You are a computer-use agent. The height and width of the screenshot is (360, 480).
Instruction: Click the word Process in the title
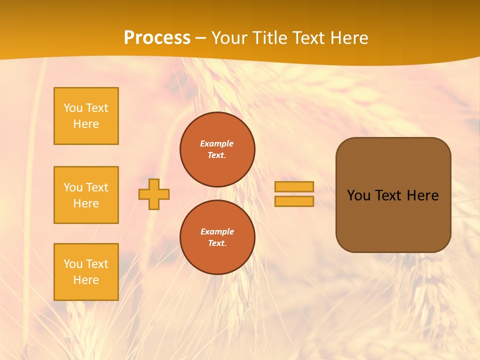157,38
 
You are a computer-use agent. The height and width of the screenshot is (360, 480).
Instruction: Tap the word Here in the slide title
347,38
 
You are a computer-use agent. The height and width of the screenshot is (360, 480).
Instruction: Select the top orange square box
86,116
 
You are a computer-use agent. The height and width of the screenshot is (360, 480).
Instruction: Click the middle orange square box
86,195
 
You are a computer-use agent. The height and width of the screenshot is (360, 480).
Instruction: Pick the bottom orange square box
86,272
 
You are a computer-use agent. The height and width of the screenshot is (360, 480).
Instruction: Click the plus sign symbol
154,194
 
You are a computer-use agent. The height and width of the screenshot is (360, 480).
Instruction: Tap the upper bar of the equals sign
294,186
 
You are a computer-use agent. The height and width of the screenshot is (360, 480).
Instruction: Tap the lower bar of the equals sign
294,201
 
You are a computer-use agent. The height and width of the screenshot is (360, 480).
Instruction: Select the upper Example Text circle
217,149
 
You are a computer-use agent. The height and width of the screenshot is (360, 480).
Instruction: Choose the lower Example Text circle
217,237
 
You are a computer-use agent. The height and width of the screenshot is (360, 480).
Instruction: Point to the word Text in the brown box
388,195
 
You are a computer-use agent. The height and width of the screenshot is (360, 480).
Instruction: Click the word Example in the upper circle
217,143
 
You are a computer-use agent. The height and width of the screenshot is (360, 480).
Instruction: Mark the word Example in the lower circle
217,231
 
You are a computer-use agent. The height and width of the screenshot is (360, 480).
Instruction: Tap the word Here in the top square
86,124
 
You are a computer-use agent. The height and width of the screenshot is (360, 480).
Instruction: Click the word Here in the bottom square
86,280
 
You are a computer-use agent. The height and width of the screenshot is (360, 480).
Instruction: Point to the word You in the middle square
73,187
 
